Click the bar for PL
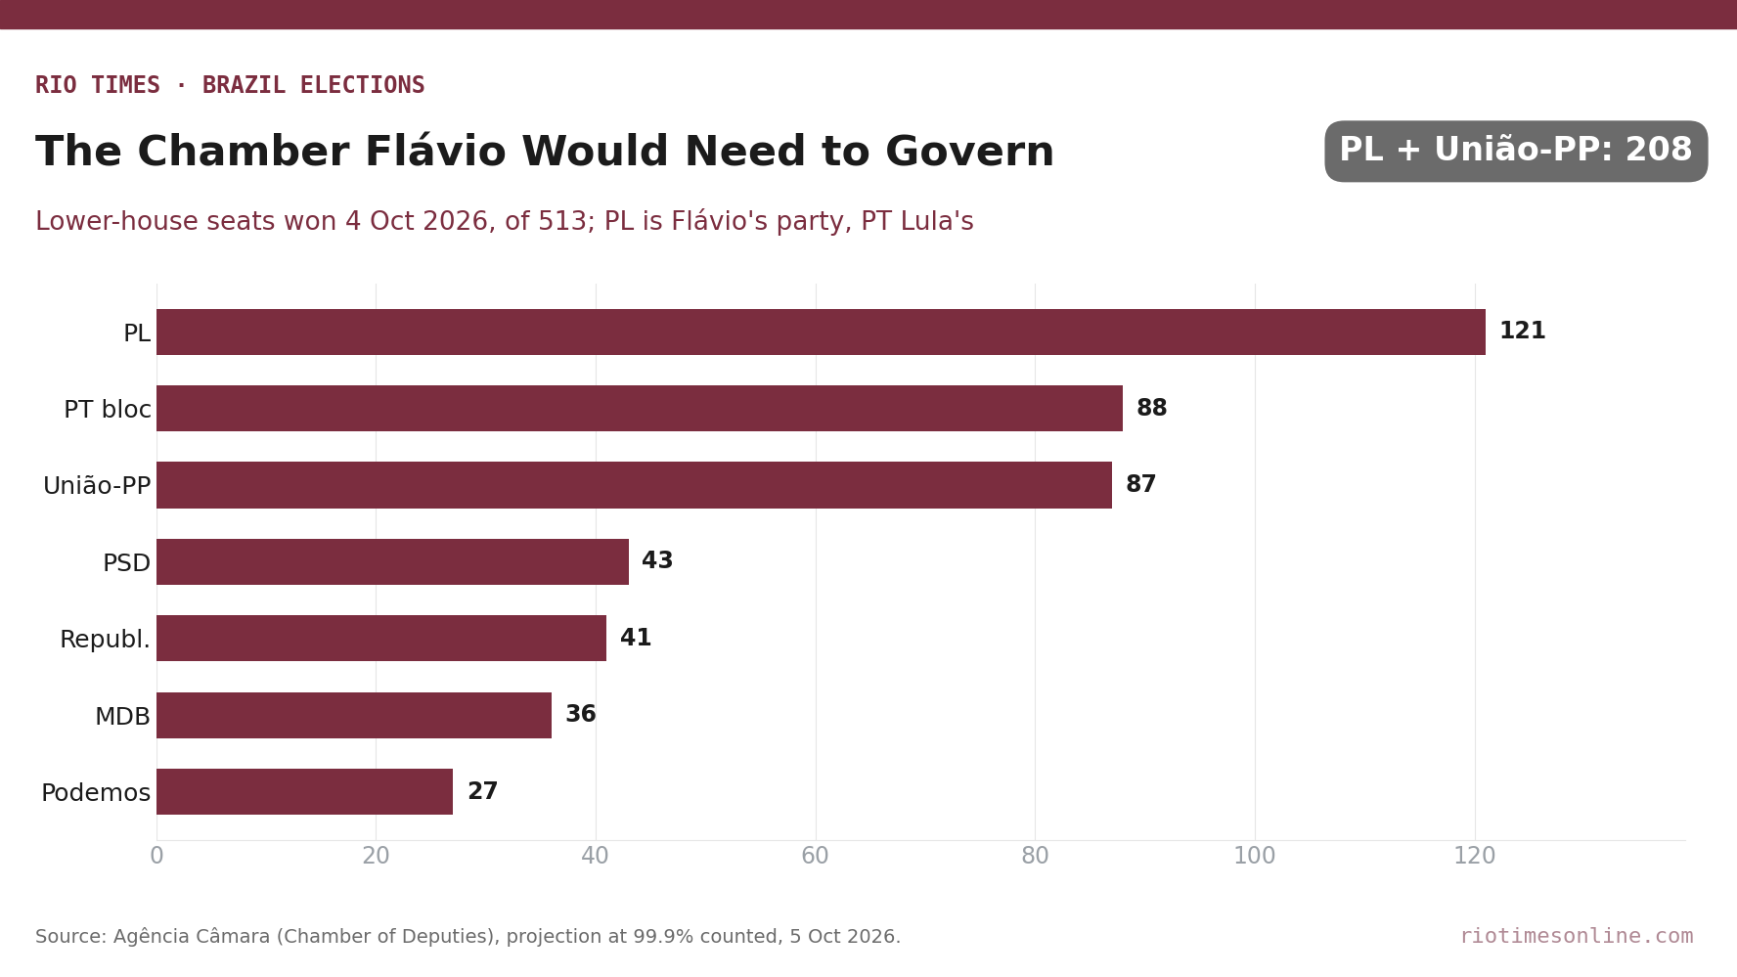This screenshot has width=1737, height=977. click(821, 332)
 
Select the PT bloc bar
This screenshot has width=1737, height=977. click(640, 408)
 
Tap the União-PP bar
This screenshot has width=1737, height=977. click(634, 485)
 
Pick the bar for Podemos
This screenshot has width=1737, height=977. click(304, 791)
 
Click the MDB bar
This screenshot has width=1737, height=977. click(354, 715)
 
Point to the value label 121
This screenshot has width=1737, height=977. click(1522, 332)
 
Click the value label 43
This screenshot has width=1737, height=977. click(657, 561)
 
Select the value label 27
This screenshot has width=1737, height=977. click(482, 792)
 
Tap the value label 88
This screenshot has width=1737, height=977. click(1151, 409)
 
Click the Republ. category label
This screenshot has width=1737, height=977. click(105, 640)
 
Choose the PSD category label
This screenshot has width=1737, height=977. click(126, 563)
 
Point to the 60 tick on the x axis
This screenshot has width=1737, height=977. click(815, 857)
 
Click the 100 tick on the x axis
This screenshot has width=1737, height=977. click(1255, 857)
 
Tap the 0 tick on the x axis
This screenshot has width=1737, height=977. click(156, 857)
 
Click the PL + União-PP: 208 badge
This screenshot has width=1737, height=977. click(1516, 151)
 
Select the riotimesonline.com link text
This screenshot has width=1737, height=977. click(1577, 936)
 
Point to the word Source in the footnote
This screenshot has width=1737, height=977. click(70, 937)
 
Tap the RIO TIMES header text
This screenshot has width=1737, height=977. click(98, 85)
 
